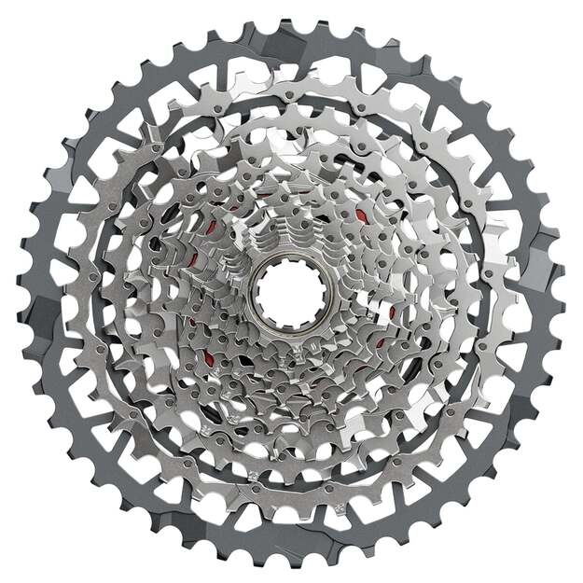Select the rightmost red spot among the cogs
[x=392, y=312]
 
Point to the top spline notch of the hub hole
[x=290, y=265]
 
